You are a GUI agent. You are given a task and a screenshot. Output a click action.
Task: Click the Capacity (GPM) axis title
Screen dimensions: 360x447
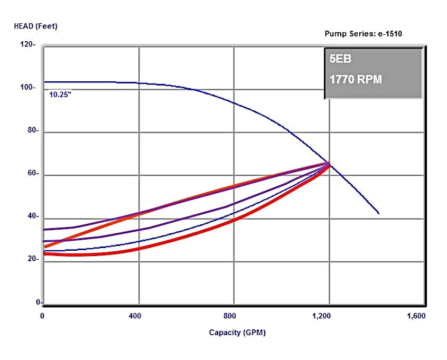[x=237, y=333]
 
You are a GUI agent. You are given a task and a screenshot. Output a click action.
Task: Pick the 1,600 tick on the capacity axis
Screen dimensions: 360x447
[x=416, y=316]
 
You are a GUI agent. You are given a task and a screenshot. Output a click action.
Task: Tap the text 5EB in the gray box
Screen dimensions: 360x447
[x=340, y=59]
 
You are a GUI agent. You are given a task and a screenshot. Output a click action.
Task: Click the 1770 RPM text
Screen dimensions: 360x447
[x=356, y=80]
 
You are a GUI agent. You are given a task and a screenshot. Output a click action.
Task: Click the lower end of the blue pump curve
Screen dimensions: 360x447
[x=378, y=213]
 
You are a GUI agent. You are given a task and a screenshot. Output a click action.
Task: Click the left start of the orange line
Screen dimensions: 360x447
[x=45, y=247]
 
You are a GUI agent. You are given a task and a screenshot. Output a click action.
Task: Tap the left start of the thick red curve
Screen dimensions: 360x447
[x=45, y=254]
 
